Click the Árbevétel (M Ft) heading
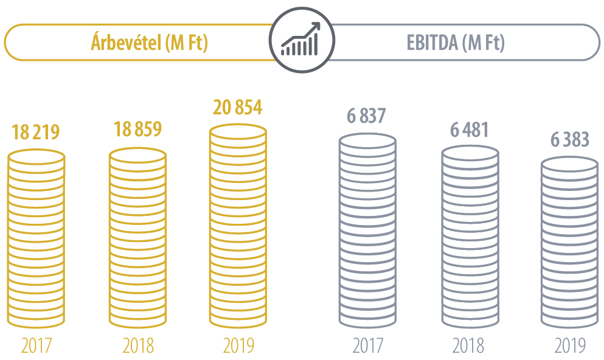[x=149, y=43]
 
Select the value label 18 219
[x=36, y=133]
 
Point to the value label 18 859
[x=137, y=129]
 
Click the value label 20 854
[x=238, y=108]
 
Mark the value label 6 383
[x=570, y=139]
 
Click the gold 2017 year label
[x=36, y=346]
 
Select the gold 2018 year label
[x=138, y=346]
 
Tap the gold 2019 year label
[x=238, y=346]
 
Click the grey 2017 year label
[x=368, y=346]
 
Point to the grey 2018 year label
[x=468, y=346]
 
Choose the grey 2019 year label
[x=570, y=346]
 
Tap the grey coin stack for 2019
[x=570, y=243]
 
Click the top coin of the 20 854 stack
[x=238, y=133]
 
